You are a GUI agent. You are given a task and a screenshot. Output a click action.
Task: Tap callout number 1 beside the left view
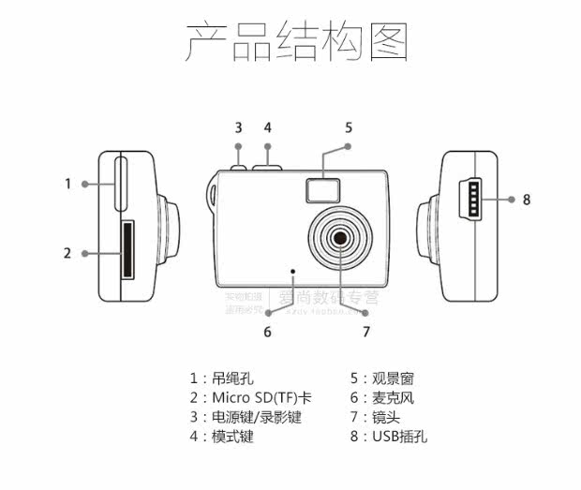click(67, 184)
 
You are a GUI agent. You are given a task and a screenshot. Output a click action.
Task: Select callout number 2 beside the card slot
click(67, 253)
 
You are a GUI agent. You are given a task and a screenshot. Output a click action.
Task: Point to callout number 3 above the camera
click(238, 127)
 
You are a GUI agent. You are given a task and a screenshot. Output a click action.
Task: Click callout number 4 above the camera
click(267, 127)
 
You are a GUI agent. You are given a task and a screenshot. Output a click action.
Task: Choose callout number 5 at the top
click(349, 127)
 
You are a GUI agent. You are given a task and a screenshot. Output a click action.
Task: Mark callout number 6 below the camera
click(267, 331)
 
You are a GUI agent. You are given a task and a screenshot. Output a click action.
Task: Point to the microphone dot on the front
click(293, 272)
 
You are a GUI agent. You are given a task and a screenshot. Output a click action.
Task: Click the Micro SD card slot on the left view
click(127, 250)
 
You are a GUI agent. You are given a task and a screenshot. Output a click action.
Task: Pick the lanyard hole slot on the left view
click(121, 184)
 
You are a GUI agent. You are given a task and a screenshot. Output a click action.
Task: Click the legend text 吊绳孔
click(232, 379)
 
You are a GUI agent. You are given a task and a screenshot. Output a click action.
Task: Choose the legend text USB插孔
click(400, 437)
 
